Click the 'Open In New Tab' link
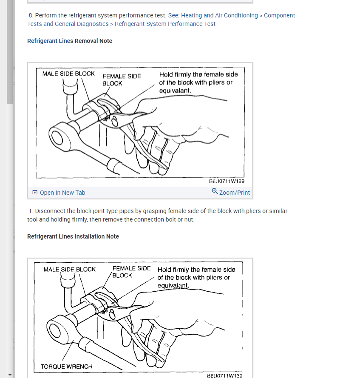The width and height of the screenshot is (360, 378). pyautogui.click(x=62, y=193)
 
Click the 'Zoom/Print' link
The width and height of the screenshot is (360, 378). pyautogui.click(x=235, y=193)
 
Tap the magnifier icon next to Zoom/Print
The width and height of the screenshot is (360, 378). pyautogui.click(x=215, y=191)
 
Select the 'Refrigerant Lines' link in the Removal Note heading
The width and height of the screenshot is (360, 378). pyautogui.click(x=50, y=41)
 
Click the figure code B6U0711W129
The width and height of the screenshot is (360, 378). pyautogui.click(x=227, y=181)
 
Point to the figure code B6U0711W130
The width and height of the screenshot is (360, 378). pyautogui.click(x=224, y=375)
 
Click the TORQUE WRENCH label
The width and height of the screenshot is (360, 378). pyautogui.click(x=66, y=367)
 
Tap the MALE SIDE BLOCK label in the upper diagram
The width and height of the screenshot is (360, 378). pyautogui.click(x=68, y=74)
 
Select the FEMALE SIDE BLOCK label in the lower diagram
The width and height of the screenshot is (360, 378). pyautogui.click(x=131, y=272)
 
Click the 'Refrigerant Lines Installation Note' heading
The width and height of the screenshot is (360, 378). pyautogui.click(x=73, y=236)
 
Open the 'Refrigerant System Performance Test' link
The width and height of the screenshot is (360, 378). pyautogui.click(x=165, y=24)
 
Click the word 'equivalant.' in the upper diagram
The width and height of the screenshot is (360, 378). pyautogui.click(x=175, y=91)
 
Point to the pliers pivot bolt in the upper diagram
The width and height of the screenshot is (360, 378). pyautogui.click(x=115, y=122)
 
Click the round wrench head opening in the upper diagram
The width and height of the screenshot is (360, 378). pyautogui.click(x=57, y=138)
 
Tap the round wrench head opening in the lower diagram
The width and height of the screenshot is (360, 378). pyautogui.click(x=55, y=330)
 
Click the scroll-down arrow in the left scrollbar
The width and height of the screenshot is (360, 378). pyautogui.click(x=10, y=375)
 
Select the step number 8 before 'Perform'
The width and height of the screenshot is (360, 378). pyautogui.click(x=30, y=15)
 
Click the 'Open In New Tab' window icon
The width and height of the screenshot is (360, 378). pyautogui.click(x=35, y=192)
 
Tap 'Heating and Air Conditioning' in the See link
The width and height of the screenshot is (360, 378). pyautogui.click(x=219, y=15)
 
